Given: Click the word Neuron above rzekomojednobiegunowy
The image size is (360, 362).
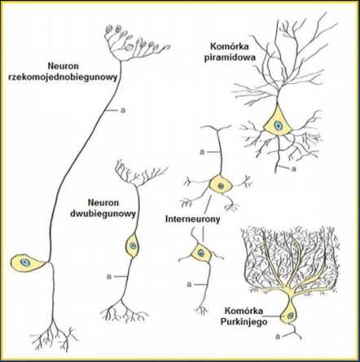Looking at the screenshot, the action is [64, 66].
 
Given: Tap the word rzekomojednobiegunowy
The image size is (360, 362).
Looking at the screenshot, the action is [63, 77].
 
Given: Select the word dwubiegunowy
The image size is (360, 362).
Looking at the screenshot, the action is [103, 214].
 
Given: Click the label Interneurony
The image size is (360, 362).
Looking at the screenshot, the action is [192, 219].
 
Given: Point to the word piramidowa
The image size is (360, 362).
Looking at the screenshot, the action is [230, 58].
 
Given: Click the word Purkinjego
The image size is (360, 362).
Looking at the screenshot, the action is [244, 322].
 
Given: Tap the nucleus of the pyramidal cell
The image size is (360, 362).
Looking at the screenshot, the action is [277, 126].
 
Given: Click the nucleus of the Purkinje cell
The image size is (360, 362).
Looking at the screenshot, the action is [290, 316].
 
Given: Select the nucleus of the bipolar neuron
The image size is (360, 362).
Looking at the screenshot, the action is [133, 246].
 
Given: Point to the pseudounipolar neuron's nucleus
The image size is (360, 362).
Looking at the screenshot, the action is [25, 263].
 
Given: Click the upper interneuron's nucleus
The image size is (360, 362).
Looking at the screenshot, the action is [221, 186].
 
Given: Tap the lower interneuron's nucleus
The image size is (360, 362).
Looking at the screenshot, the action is [200, 253].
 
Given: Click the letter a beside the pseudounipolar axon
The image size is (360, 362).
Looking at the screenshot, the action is [123, 111].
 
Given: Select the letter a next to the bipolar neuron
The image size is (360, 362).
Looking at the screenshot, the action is [109, 276].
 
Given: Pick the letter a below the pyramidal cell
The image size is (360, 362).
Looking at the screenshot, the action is [293, 169].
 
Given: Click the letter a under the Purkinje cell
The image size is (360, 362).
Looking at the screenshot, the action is [278, 337].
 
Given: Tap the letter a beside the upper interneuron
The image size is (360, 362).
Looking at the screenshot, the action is [201, 152].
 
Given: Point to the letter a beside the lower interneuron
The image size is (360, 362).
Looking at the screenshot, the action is [189, 285].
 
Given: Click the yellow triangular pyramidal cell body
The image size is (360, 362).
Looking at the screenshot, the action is [277, 121].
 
